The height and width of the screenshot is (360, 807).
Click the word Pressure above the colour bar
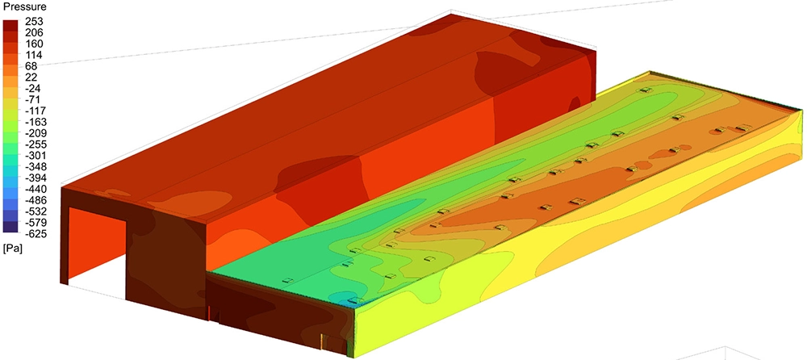(23, 7)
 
